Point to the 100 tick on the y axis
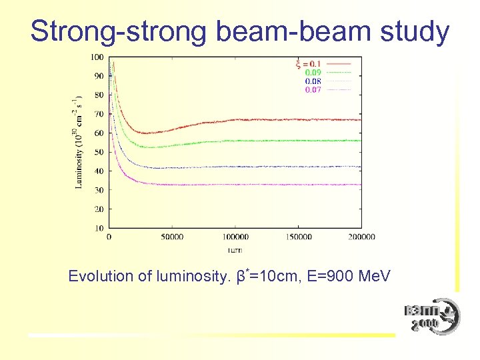(x=97, y=57)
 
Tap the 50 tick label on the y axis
(x=99, y=152)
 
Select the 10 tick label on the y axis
(x=99, y=228)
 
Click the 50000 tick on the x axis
(x=172, y=237)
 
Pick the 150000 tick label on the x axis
(x=299, y=237)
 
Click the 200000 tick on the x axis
(x=361, y=237)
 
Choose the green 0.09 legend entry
(x=313, y=73)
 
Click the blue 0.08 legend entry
(x=313, y=81)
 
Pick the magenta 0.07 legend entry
(x=313, y=90)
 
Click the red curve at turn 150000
(x=299, y=120)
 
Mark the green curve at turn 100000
(x=235, y=141)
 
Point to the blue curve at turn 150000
(x=299, y=167)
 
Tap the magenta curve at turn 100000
(x=235, y=185)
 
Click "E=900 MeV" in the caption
(x=349, y=276)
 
